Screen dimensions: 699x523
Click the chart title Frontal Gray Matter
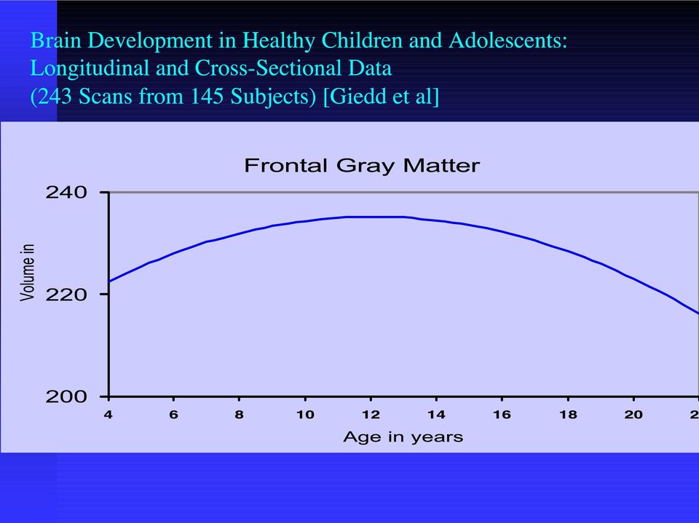(x=362, y=166)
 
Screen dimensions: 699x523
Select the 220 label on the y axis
(x=66, y=295)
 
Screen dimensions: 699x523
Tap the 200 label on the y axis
(x=66, y=396)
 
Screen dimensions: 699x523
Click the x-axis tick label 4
(x=108, y=415)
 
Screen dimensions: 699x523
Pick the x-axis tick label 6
(x=174, y=415)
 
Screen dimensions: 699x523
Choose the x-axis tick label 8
(x=240, y=415)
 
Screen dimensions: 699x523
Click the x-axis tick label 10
(x=305, y=415)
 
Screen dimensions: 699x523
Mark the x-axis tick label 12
(x=371, y=415)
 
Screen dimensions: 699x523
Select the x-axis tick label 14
(x=436, y=415)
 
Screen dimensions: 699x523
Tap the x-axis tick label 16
(x=502, y=415)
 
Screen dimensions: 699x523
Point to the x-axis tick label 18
(x=569, y=415)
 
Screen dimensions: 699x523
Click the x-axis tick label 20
(x=633, y=415)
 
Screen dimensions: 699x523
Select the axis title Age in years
(x=403, y=437)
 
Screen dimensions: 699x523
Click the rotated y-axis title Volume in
(x=27, y=272)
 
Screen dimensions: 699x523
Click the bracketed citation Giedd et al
(x=381, y=96)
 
